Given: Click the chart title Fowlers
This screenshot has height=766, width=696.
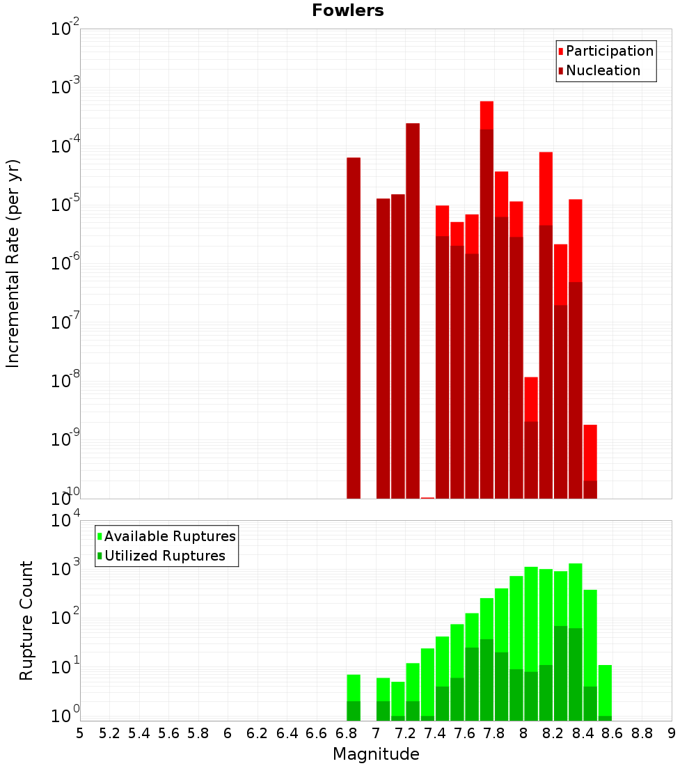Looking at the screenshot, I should (347, 10).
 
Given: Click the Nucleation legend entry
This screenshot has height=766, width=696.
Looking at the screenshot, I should (603, 70).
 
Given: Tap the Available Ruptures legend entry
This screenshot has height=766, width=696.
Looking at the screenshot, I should (170, 536).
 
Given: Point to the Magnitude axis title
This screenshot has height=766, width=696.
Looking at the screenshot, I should (376, 754).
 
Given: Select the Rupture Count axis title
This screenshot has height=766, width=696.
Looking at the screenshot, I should (26, 620).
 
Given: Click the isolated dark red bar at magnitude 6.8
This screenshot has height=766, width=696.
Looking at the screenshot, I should (354, 327).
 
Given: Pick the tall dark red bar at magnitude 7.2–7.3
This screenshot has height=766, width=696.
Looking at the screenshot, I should (413, 310).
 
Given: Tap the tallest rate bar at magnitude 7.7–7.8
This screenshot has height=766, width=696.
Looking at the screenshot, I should (487, 299).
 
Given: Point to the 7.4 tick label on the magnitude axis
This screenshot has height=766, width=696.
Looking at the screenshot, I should (435, 733).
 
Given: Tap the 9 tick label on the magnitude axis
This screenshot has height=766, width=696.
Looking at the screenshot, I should (672, 733).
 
